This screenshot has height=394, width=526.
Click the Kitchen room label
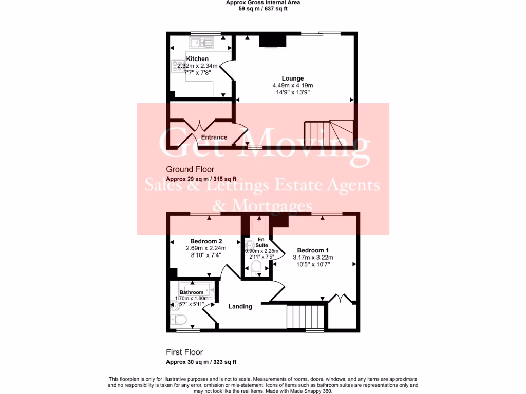coord(197,59)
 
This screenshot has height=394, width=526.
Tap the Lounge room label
coord(292,78)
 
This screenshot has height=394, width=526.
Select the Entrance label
coord(214,137)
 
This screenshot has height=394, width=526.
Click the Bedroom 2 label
coord(206,241)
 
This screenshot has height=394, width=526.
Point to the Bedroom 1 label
coord(313,250)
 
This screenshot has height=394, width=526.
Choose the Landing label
coord(240,307)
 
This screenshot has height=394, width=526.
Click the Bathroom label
coord(191,292)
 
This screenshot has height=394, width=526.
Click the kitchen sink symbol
coord(197,42)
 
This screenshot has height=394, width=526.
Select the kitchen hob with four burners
coord(178,66)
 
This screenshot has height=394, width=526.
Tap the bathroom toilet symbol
coord(178,319)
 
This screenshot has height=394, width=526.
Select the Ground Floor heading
coord(190,169)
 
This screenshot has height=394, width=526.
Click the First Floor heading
coord(184,352)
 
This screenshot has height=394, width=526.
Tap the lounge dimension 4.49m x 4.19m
coord(292,86)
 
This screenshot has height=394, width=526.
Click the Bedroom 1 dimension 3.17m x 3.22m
coord(313,258)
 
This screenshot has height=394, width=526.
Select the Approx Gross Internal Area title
coord(263,3)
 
